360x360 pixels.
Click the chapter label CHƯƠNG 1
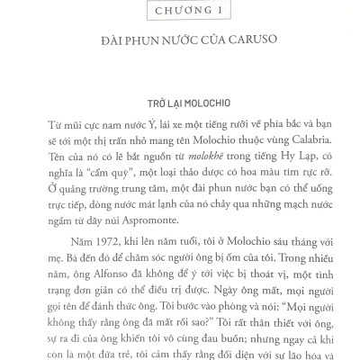pos(180,10)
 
